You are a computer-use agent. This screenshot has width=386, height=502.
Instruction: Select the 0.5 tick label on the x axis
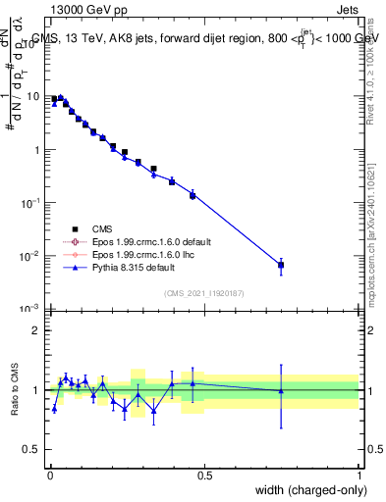pyautogui.click(x=204, y=476)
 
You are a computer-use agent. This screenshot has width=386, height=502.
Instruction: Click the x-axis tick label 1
pyautogui.click(x=359, y=476)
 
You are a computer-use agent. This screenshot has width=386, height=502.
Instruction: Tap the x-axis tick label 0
pyautogui.click(x=49, y=476)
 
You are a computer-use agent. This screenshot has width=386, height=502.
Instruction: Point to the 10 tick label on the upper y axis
pyautogui.click(x=33, y=97)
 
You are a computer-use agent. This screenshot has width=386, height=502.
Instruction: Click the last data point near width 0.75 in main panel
pyautogui.click(x=281, y=265)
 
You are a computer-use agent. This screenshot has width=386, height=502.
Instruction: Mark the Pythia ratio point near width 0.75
pyautogui.click(x=281, y=391)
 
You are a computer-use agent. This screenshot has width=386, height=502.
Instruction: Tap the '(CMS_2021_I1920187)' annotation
pyautogui.click(x=202, y=292)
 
